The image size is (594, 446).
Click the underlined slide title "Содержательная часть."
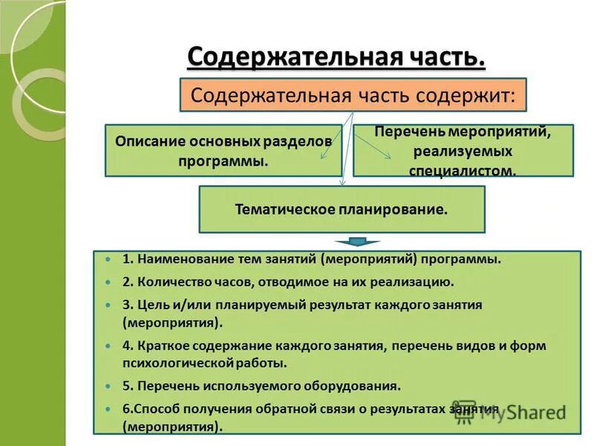[x=336, y=56]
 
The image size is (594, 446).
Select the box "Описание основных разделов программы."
[x=223, y=150]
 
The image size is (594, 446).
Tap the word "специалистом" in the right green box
[x=462, y=170]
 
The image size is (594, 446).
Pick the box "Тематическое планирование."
[x=342, y=210]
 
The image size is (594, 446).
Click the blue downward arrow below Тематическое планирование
[x=357, y=242]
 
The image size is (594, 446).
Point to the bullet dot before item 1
[x=108, y=260]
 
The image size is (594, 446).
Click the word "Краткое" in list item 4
[x=161, y=346]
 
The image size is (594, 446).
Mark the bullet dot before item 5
[x=108, y=387]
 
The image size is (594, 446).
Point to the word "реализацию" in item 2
[x=416, y=282]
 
